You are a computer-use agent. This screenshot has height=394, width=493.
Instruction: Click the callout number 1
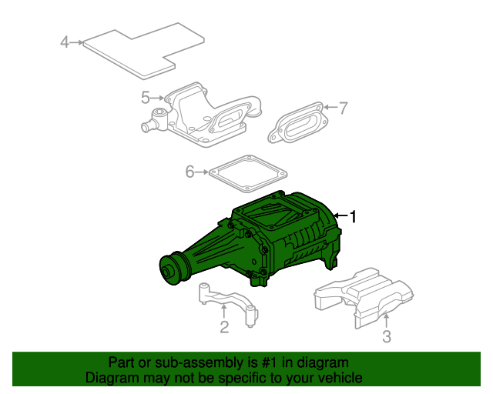tap(354, 218)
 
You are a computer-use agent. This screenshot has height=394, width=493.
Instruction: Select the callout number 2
tap(224, 329)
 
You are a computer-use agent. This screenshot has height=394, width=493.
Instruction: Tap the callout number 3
tap(387, 336)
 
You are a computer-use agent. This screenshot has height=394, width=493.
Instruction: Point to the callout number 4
tap(65, 42)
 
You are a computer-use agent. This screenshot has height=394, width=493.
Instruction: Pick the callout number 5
tap(145, 98)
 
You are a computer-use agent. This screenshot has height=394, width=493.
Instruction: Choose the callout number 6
tap(189, 172)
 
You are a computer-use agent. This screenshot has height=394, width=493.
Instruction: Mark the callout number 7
tap(344, 108)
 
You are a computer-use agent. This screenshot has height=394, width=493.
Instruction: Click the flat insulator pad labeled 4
tap(143, 50)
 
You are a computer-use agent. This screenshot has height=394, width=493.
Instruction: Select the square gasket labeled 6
tap(247, 173)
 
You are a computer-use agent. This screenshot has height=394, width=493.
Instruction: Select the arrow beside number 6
tap(203, 172)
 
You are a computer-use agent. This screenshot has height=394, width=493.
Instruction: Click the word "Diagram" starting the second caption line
tap(109, 378)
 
